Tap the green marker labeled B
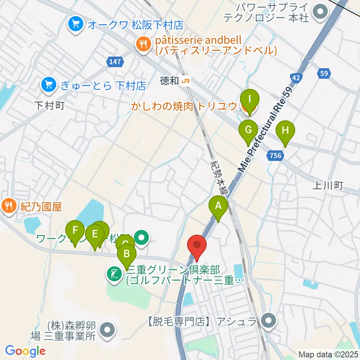pos(127,254)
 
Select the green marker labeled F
pos(75,229)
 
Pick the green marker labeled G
pos(249,130)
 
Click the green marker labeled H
pos(285,131)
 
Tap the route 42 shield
pos(296,78)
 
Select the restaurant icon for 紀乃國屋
pos(8,207)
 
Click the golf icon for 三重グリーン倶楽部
pos(114,274)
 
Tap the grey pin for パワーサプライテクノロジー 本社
pos(321,11)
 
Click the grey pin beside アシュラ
pos(268,321)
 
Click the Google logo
pos(25,351)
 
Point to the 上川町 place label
pos(328,186)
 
